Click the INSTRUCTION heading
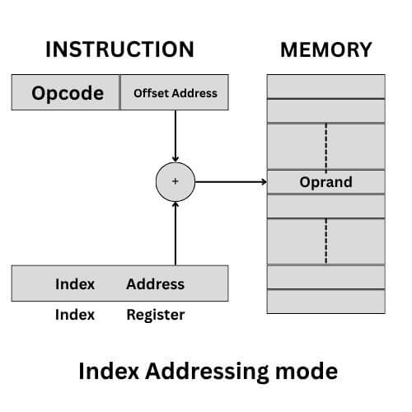119,49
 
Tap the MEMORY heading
325,49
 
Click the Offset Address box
175,92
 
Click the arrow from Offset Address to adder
174,136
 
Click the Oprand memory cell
325,181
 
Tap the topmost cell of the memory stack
325,86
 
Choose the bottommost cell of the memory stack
325,302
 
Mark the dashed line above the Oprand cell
325,146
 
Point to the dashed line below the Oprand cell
325,241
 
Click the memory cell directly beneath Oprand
325,206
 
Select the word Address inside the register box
155,284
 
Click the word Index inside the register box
75,284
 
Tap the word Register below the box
155,315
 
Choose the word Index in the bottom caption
105,372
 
